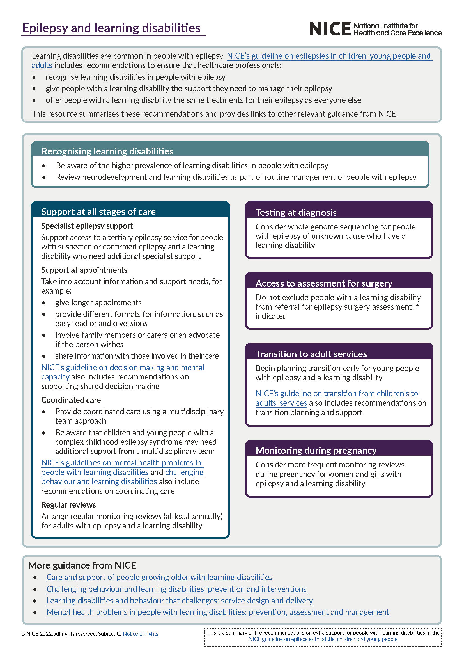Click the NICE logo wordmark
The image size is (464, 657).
coord(330,29)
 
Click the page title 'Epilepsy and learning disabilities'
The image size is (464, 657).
coord(111,28)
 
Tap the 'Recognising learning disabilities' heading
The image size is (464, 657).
coord(107,151)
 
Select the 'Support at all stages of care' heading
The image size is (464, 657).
coord(98,212)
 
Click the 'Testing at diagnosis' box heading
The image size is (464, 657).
coord(296,212)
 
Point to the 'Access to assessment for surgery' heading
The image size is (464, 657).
coord(323,283)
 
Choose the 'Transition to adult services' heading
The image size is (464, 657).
coord(311,354)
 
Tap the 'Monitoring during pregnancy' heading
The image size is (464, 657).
coord(316,450)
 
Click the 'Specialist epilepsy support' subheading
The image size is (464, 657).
coord(87,226)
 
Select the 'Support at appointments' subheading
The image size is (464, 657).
coord(84,270)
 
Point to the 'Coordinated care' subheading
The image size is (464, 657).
coord(71,400)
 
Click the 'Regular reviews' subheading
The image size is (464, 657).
coord(68,504)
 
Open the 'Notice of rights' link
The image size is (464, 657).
coord(141,633)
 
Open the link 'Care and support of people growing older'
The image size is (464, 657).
coord(159,577)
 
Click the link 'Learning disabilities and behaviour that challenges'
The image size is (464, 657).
coord(180,600)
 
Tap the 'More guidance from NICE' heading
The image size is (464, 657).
coord(82,565)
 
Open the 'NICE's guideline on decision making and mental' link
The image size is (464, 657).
coord(123,367)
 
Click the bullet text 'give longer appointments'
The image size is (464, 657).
coord(98,303)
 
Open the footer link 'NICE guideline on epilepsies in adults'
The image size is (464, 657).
coord(323,639)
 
